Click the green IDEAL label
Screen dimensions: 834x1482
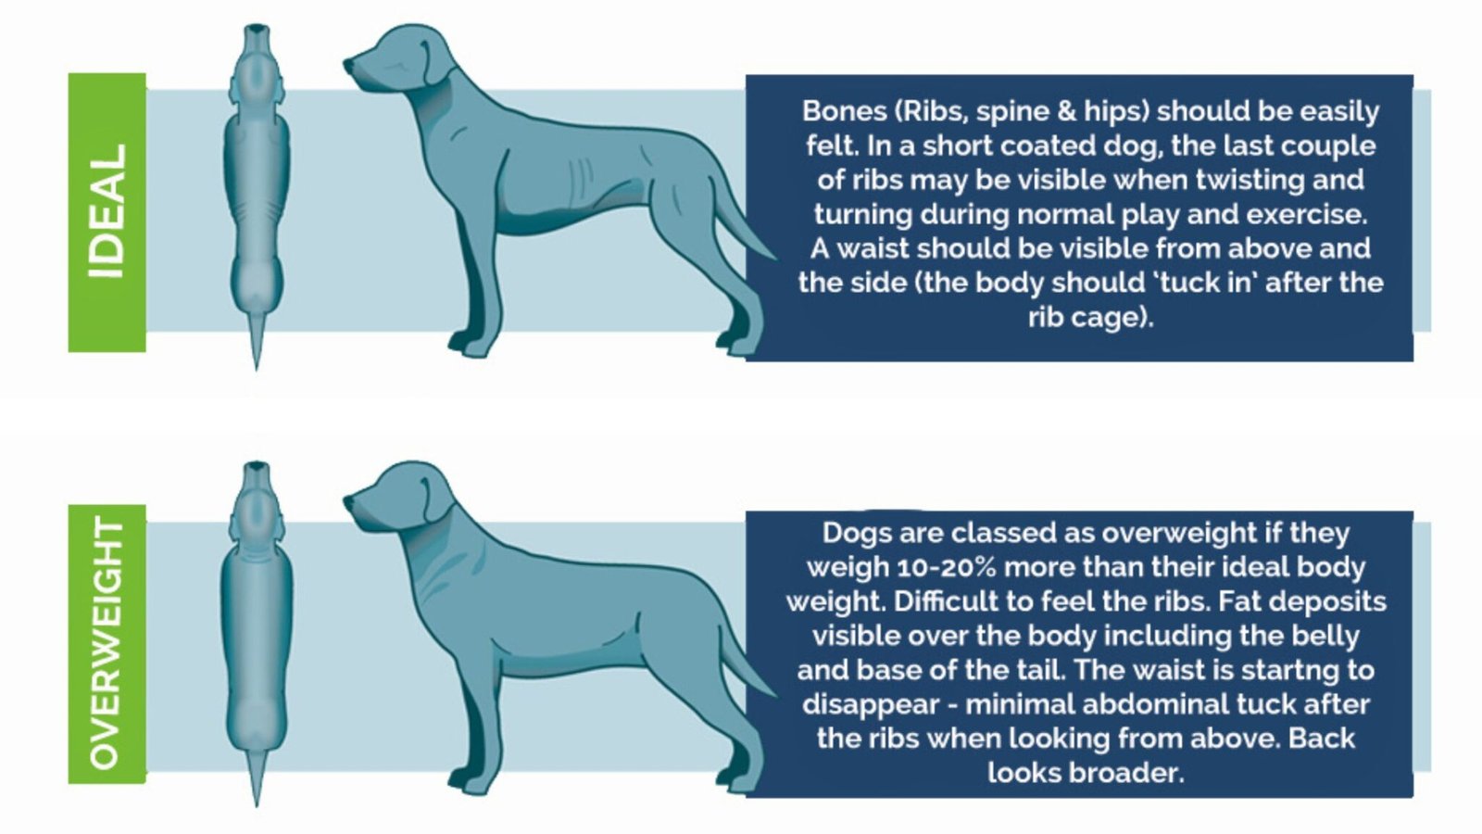click(107, 212)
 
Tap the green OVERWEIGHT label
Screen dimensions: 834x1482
click(107, 643)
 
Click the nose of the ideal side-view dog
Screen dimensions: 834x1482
click(349, 66)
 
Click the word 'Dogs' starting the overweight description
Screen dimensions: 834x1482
click(850, 533)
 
